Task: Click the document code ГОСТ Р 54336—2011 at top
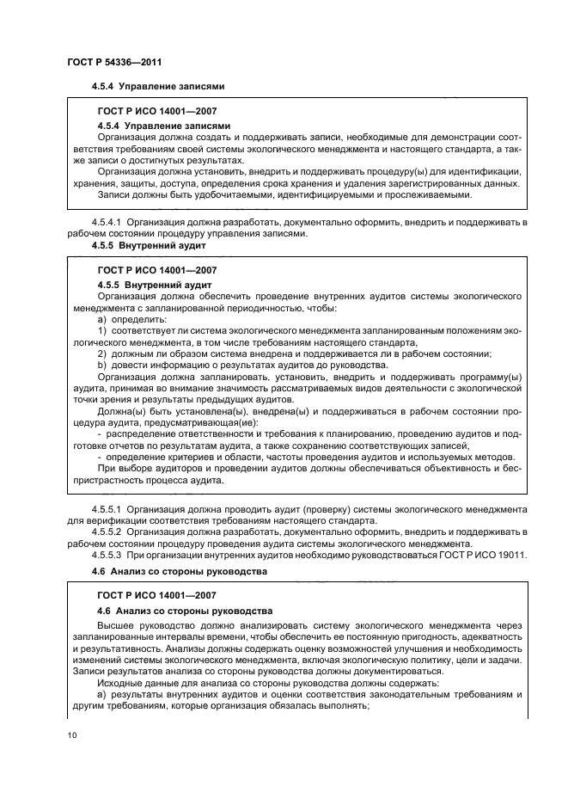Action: click(x=114, y=62)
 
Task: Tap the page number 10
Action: click(x=72, y=734)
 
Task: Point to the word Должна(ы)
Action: click(x=122, y=410)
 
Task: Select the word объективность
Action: click(x=441, y=468)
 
